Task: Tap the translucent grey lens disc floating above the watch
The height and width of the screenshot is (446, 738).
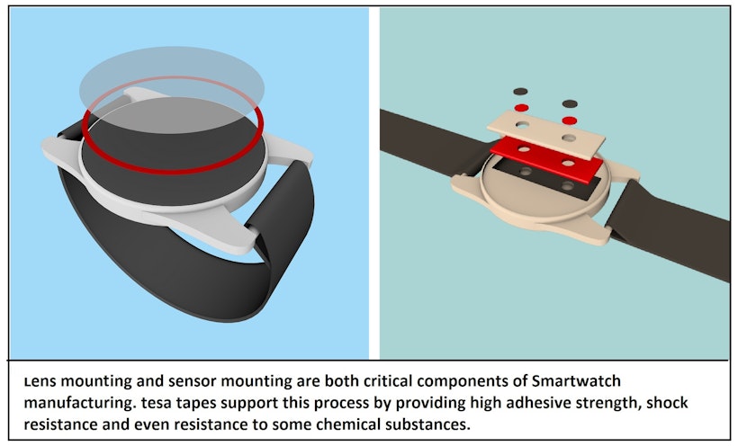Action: (172, 89)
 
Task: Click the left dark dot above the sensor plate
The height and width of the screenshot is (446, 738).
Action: (520, 92)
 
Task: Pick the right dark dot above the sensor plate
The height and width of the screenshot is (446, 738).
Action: (570, 103)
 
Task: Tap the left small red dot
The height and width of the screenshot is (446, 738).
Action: (521, 108)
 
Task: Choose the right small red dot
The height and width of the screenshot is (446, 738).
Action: (570, 120)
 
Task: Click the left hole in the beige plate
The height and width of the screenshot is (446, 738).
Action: (522, 125)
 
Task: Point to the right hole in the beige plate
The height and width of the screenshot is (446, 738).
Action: (569, 138)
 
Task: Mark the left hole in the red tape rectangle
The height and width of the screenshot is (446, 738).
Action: (524, 149)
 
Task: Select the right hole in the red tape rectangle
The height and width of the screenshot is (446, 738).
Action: (568, 164)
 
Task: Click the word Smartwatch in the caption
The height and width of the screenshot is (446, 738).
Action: (576, 380)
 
